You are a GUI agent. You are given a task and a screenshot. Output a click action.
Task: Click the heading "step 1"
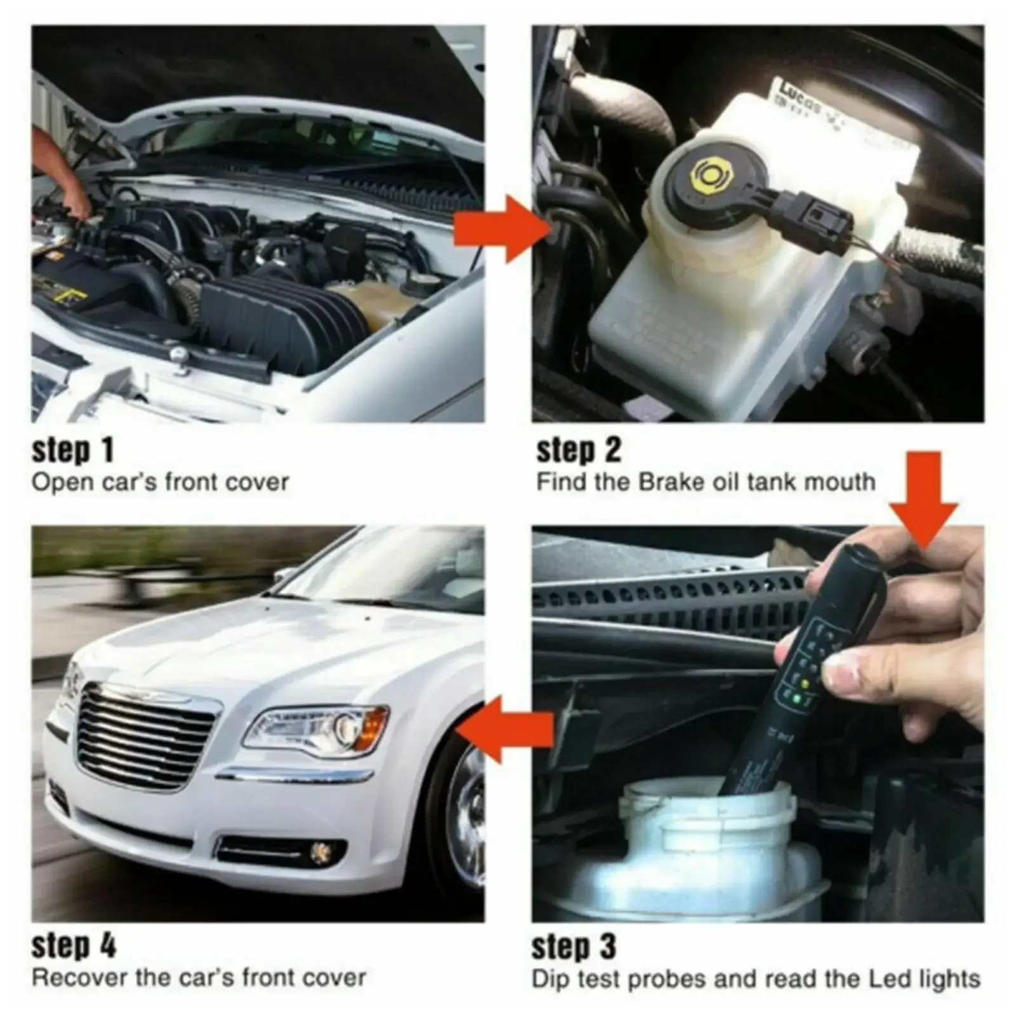coord(72,450)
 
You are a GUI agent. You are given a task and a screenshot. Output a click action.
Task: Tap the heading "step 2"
coord(578,450)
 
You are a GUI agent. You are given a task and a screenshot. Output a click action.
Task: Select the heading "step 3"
coord(573,947)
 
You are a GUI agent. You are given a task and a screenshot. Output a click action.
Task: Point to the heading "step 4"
coord(74,947)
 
